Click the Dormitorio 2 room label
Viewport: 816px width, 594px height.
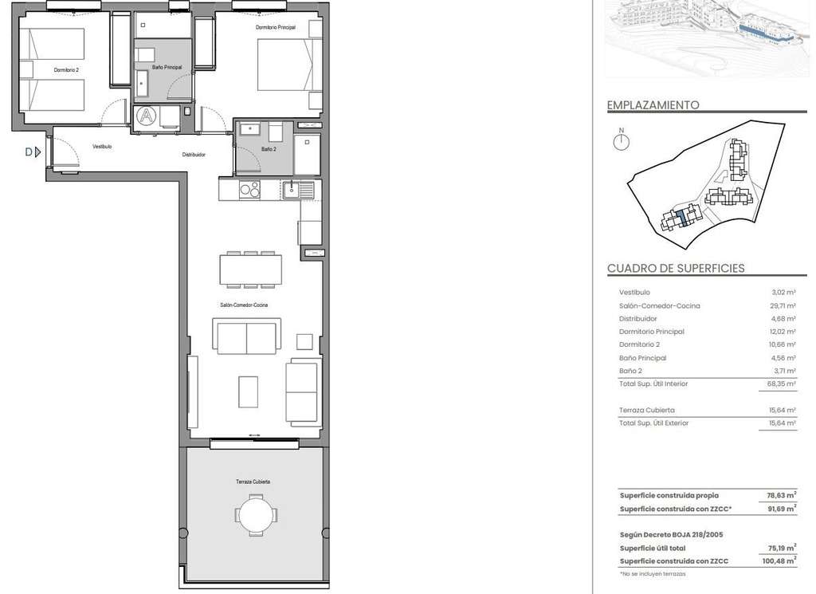[66, 69]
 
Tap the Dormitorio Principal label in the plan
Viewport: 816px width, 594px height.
[275, 27]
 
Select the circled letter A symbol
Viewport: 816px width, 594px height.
[147, 116]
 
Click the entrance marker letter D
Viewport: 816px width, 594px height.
[29, 152]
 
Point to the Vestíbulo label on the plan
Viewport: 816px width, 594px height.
[102, 147]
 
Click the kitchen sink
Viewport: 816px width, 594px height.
[298, 189]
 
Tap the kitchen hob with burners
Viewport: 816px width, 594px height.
[249, 189]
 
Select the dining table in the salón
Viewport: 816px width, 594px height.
[251, 269]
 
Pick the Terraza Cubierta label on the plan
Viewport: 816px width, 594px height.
[253, 482]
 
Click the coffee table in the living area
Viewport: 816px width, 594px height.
[249, 392]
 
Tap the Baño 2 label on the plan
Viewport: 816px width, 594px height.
[269, 149]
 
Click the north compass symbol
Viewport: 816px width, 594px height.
[621, 140]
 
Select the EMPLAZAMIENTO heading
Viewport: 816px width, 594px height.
[653, 105]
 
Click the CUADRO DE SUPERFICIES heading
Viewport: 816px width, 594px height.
[676, 269]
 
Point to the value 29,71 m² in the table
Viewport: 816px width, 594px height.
[783, 305]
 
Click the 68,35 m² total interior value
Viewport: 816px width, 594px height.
[783, 384]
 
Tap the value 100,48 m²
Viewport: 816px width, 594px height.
[779, 561]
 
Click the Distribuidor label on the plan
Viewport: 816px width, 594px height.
[194, 155]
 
